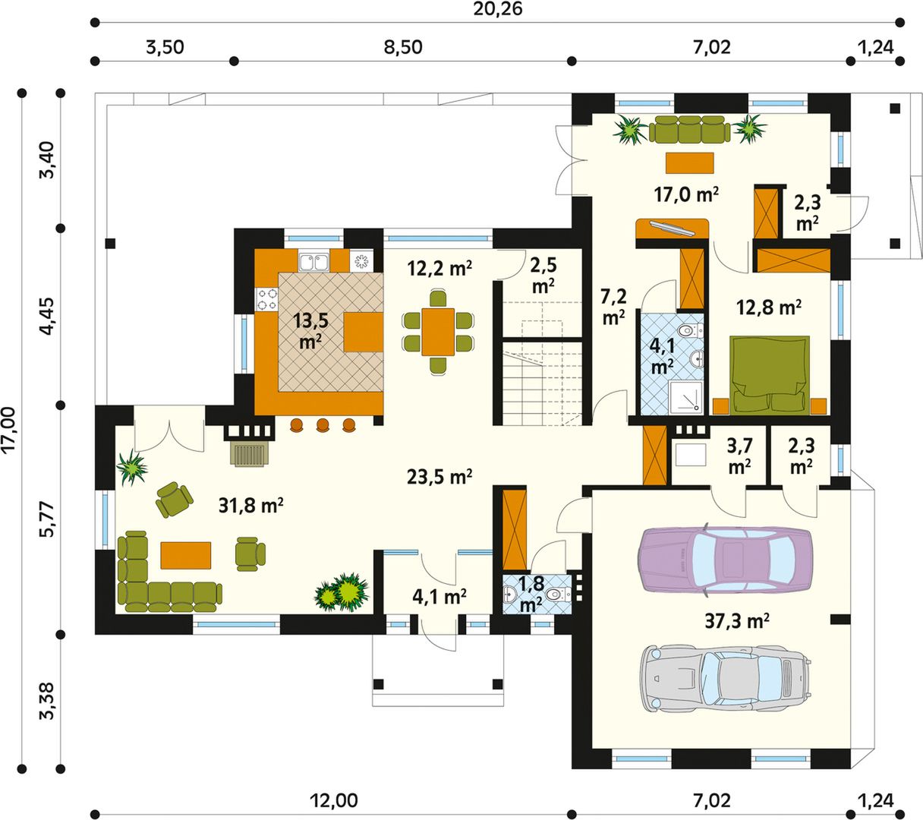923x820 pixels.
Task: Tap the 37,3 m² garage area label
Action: click(x=737, y=621)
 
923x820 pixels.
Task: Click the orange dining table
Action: click(x=438, y=332)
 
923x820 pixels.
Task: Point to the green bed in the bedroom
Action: click(x=770, y=376)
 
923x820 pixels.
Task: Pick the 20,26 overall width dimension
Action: click(x=497, y=9)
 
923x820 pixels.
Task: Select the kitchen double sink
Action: click(x=313, y=262)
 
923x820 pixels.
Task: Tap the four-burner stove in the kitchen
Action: click(x=266, y=299)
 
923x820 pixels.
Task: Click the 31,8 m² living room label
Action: click(x=251, y=505)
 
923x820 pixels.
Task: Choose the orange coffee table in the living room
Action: click(x=185, y=555)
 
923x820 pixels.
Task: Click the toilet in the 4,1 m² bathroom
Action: click(x=689, y=330)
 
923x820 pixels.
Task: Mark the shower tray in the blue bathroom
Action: click(x=685, y=398)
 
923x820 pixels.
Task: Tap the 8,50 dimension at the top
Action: click(x=403, y=47)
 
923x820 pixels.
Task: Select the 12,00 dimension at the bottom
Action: click(x=333, y=800)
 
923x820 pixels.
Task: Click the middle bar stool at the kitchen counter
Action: click(x=323, y=425)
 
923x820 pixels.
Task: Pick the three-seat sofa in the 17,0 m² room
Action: click(x=689, y=128)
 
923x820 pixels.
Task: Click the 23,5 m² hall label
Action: click(x=439, y=477)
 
